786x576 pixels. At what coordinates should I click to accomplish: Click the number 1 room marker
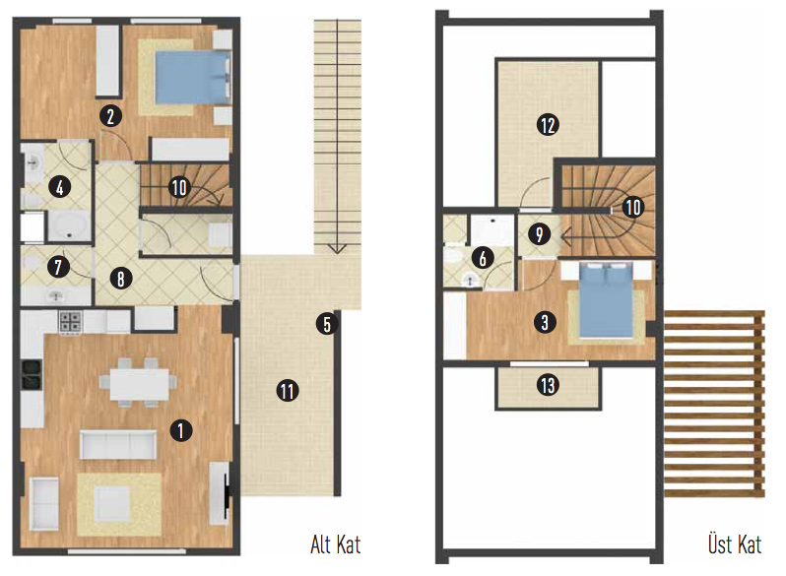[x=181, y=430]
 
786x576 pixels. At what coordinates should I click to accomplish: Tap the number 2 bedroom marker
[x=110, y=116]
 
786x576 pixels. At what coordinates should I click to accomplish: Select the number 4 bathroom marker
[x=60, y=187]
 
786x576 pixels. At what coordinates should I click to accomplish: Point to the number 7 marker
[x=59, y=266]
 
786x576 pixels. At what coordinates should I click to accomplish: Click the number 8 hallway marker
[x=121, y=279]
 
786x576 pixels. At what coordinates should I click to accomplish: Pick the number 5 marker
[x=327, y=324]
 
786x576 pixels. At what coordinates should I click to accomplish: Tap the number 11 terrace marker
[x=288, y=391]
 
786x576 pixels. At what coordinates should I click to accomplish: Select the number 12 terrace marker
[x=548, y=125]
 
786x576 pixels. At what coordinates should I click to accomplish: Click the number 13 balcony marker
[x=548, y=385]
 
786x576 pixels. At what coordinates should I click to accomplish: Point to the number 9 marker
[x=540, y=234]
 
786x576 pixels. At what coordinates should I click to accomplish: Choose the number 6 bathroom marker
[x=483, y=258]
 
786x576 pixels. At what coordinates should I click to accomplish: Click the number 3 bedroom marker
[x=545, y=322]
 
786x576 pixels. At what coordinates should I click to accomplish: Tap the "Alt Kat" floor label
[x=335, y=544]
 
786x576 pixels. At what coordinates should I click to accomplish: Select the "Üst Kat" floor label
[x=735, y=544]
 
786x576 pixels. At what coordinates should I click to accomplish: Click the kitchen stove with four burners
[x=71, y=321]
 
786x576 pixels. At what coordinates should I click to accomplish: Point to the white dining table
[x=139, y=384]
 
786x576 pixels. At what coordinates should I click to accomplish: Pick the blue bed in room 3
[x=606, y=300]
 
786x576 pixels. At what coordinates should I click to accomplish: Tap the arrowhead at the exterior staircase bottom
[x=337, y=249]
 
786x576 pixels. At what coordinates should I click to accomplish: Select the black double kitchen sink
[x=32, y=374]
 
